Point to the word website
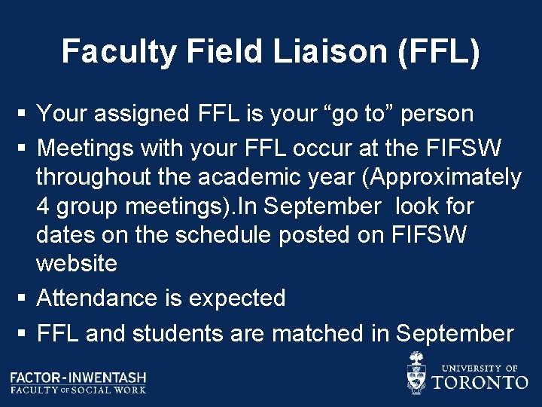point(77,264)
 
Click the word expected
point(237,298)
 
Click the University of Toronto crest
point(416,372)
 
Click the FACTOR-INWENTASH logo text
point(78,377)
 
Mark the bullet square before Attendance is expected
point(23,298)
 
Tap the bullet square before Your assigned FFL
point(23,114)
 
